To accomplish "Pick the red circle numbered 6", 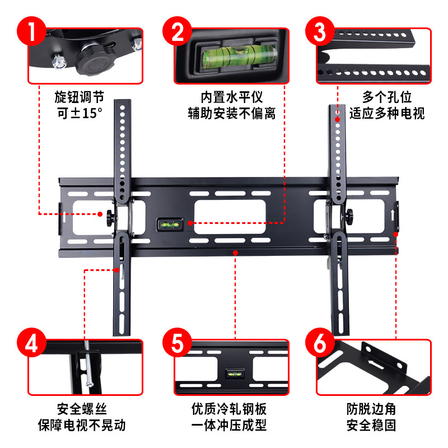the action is click(320, 342).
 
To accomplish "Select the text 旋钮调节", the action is click(79, 97).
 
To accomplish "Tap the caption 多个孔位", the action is click(386, 97).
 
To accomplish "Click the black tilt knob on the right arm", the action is click(351, 215).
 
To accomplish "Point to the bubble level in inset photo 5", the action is click(232, 374).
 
